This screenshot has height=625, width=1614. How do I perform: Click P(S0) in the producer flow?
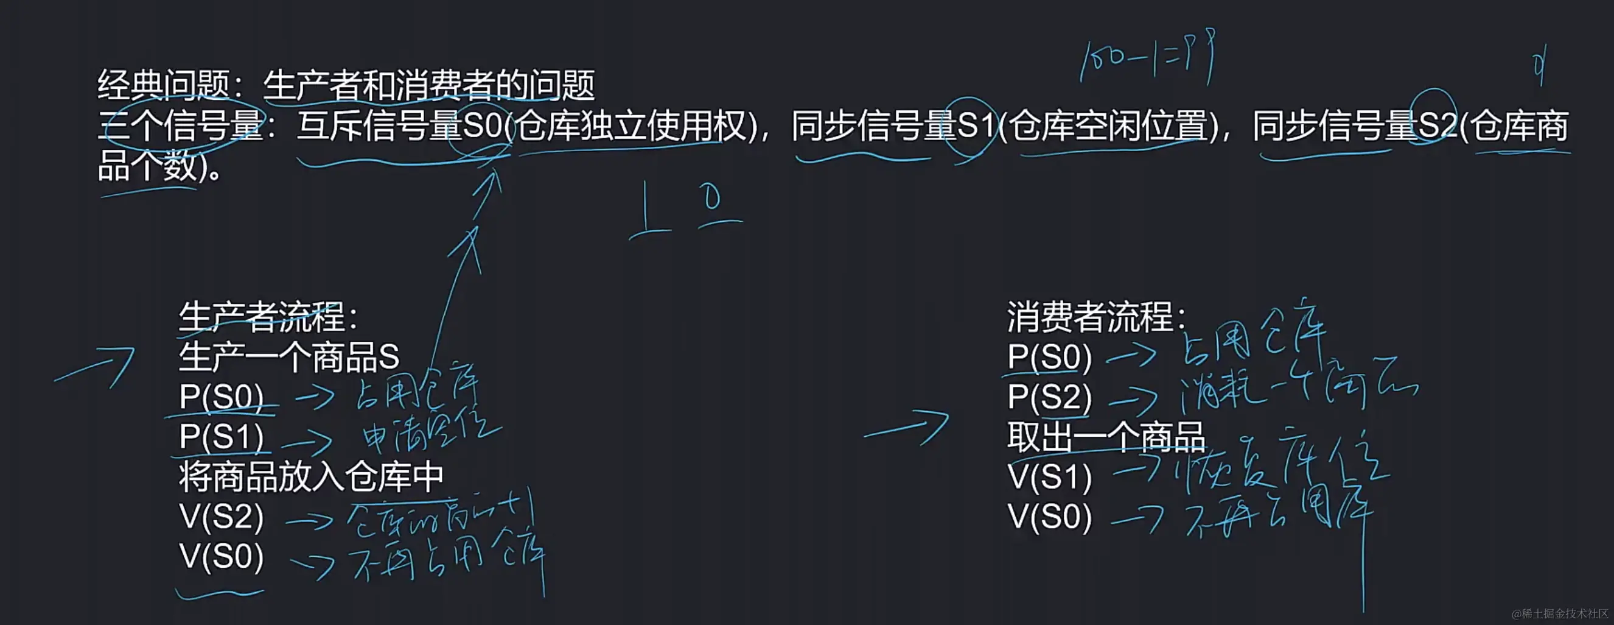click(x=221, y=397)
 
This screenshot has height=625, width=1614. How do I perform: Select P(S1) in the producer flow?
click(x=221, y=437)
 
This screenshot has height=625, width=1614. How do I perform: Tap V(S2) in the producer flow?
click(x=221, y=517)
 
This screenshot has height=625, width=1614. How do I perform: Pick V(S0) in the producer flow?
click(x=221, y=557)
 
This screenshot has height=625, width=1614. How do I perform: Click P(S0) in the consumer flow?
click(x=1049, y=358)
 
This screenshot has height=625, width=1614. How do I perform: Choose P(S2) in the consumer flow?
click(x=1049, y=397)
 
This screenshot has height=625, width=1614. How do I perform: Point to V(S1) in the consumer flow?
click(x=1049, y=477)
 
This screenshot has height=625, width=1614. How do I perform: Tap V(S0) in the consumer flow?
click(x=1049, y=517)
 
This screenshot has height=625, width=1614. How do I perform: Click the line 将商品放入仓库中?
click(x=312, y=477)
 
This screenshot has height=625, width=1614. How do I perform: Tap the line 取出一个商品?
click(x=1106, y=437)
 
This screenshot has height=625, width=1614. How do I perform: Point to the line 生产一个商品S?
click(x=289, y=358)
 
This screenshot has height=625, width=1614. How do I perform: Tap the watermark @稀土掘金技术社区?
click(x=1560, y=613)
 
